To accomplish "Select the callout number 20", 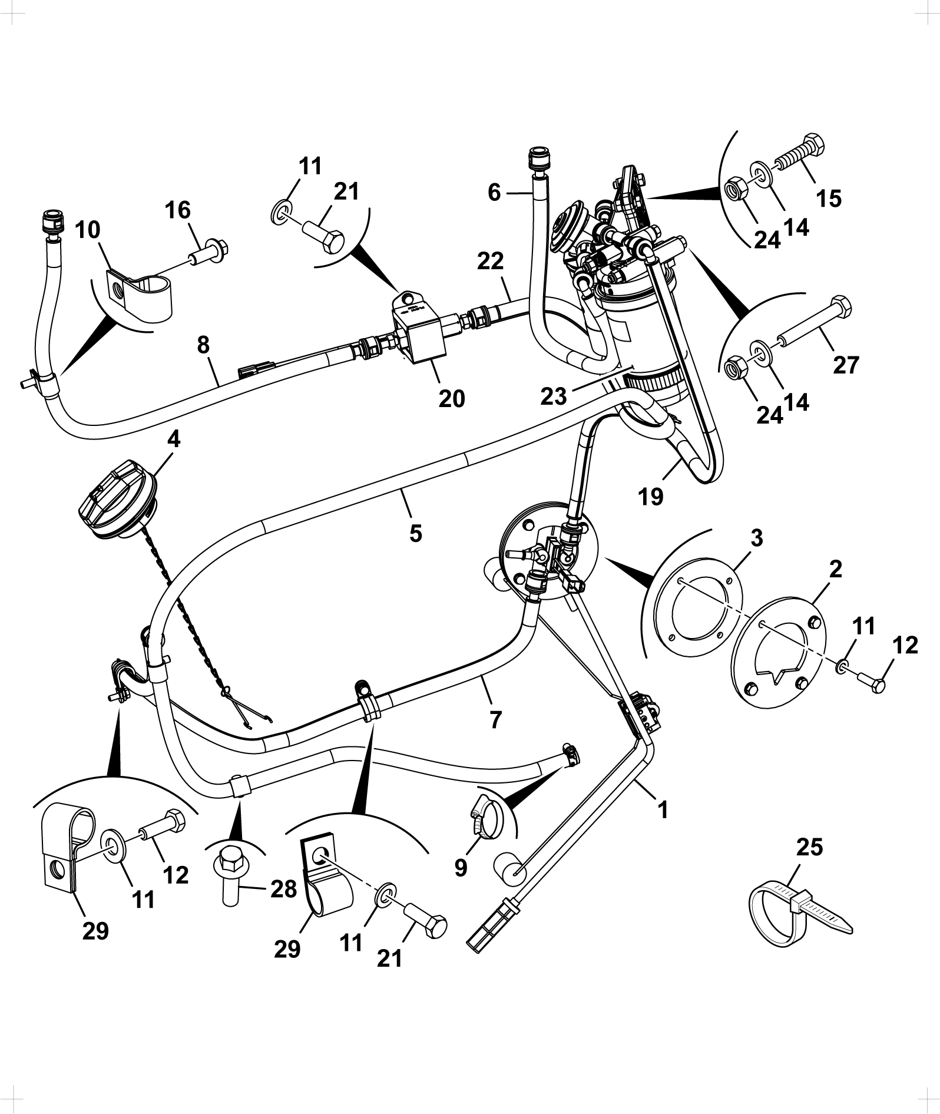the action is click(452, 398).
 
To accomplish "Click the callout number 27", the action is click(846, 365).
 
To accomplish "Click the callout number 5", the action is click(416, 533).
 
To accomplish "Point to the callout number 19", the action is click(651, 497).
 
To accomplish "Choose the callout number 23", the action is click(554, 396).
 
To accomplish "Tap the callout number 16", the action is click(178, 210).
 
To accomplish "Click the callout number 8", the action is click(203, 345).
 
